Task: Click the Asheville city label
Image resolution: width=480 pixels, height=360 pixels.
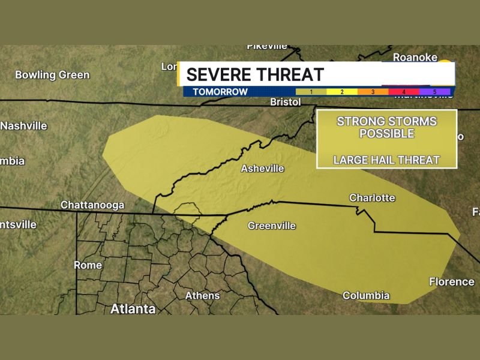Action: tap(262, 169)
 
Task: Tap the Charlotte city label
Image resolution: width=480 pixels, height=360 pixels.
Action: tap(372, 197)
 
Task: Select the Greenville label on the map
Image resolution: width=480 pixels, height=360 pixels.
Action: tap(272, 226)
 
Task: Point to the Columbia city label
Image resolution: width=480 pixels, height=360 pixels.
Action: tap(366, 295)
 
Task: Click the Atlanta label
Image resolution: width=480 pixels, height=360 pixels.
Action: tap(133, 309)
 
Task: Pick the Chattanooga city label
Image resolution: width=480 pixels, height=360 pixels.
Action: tap(92, 205)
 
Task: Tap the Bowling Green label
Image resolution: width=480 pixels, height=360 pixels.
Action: tap(52, 75)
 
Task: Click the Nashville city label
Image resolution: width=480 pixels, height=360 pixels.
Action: tap(24, 126)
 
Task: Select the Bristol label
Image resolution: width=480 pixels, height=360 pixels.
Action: tap(285, 102)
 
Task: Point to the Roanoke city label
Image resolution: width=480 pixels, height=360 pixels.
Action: tap(415, 57)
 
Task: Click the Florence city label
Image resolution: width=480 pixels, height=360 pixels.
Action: tap(451, 281)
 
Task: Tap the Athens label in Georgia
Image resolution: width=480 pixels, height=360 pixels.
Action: tap(202, 295)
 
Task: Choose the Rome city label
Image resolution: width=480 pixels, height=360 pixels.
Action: tap(88, 265)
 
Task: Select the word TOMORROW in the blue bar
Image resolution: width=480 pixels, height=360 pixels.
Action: tap(220, 92)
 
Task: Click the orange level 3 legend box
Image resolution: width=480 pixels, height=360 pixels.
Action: tap(373, 92)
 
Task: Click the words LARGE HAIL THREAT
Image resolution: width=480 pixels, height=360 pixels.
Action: tap(386, 160)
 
